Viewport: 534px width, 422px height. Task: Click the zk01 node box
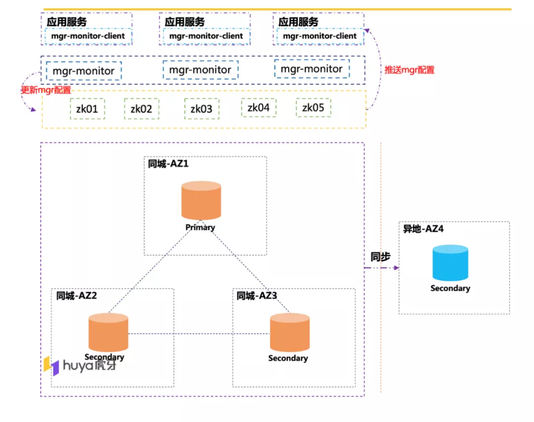tap(87, 109)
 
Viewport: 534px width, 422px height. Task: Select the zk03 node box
tap(202, 109)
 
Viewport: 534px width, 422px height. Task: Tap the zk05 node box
tap(313, 108)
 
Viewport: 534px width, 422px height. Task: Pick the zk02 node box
tap(141, 109)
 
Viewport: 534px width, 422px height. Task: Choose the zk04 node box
tap(259, 108)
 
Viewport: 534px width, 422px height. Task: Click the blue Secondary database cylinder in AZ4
tap(450, 263)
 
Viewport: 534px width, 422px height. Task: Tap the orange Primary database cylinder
tap(201, 200)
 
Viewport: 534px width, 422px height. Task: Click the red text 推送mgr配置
tap(409, 70)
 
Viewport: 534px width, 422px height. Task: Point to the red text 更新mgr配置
tap(45, 90)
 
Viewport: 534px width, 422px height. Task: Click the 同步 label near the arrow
tap(380, 257)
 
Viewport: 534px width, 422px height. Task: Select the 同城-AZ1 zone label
tap(168, 164)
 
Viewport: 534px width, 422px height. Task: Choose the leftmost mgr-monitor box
tap(84, 71)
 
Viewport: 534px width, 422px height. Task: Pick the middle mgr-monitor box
tap(200, 70)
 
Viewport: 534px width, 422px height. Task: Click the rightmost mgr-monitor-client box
tap(320, 36)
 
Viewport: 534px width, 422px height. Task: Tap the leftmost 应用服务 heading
tap(67, 22)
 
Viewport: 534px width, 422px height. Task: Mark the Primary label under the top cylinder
tap(200, 227)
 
